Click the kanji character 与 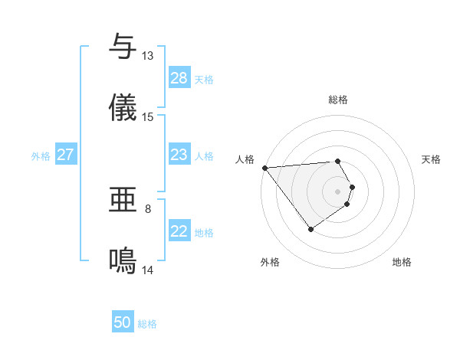123,47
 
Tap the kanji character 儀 123,108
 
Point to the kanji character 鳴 123,261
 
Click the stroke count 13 148,56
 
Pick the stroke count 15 148,117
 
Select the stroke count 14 148,270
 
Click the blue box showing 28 179,78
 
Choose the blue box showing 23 179,155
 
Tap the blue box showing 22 179,232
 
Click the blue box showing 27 66,155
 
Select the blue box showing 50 123,323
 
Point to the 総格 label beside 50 147,324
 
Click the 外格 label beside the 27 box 41,156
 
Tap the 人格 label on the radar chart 245,159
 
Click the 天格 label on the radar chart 431,159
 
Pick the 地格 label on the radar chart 402,262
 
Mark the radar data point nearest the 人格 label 264,168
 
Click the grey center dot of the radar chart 338,191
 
